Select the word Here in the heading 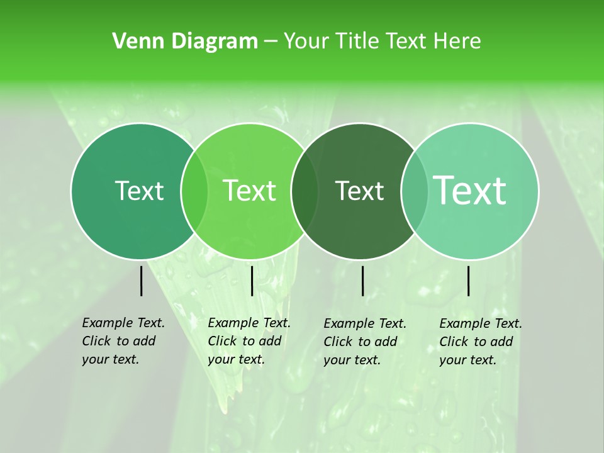click(x=458, y=42)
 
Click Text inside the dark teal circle click(x=139, y=191)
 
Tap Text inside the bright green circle click(x=250, y=191)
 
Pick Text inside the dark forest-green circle click(x=360, y=191)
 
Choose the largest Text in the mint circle click(x=470, y=191)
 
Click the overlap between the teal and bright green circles click(x=194, y=191)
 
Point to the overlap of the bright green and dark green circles click(x=305, y=191)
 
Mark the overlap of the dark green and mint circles click(x=415, y=191)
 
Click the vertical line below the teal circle click(x=142, y=281)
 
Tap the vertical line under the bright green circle click(x=252, y=281)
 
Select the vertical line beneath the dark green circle click(x=363, y=281)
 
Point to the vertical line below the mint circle click(x=469, y=281)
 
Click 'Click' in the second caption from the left click(x=221, y=341)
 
